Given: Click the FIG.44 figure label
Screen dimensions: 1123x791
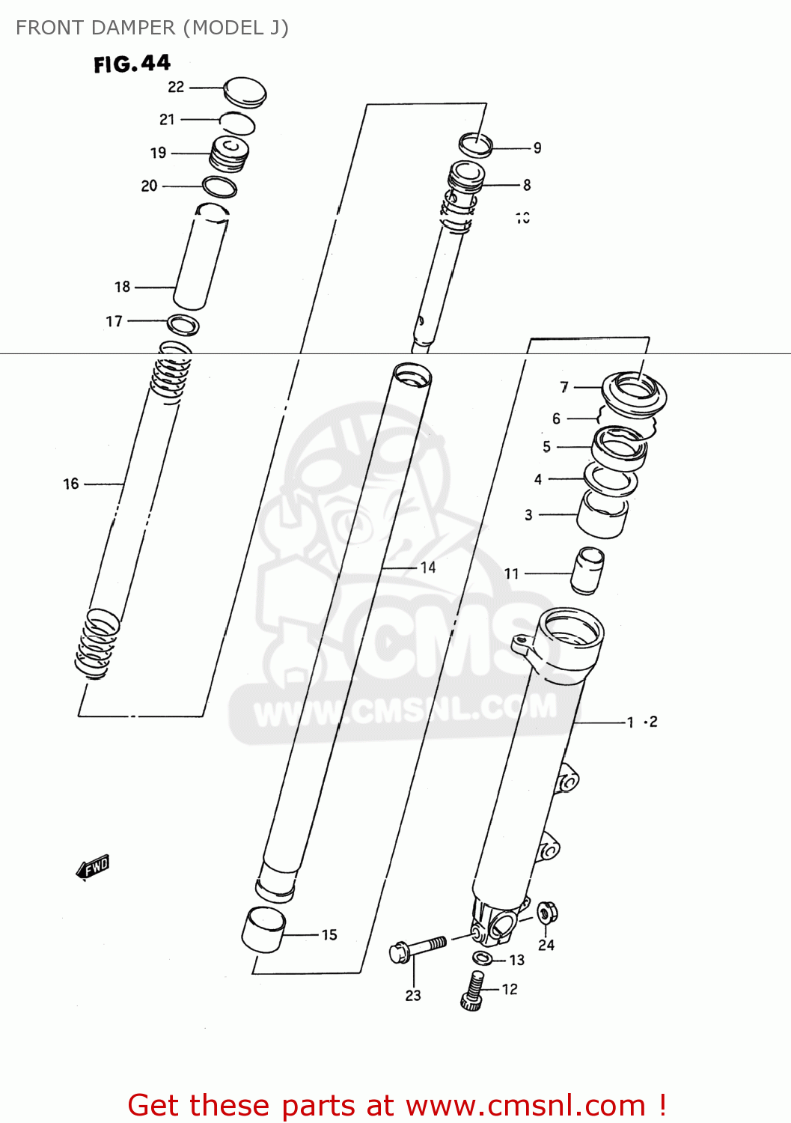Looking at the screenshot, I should click(x=132, y=64).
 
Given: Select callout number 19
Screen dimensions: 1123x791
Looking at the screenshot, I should click(x=158, y=153).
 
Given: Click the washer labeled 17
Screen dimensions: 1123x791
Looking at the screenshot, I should click(x=183, y=325).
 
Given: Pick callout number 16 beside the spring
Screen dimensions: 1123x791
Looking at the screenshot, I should click(x=71, y=484).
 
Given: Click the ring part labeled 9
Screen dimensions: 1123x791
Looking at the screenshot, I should click(x=475, y=144).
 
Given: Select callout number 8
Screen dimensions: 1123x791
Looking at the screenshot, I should click(x=527, y=184).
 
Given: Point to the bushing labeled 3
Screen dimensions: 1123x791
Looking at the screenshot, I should click(x=602, y=516).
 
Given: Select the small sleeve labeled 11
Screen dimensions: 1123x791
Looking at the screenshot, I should click(x=587, y=570).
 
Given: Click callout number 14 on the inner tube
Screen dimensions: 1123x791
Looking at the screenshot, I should click(x=428, y=567).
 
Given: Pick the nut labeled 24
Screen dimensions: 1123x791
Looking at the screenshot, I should click(x=547, y=913).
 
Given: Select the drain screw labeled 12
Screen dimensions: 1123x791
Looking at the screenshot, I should click(x=471, y=990).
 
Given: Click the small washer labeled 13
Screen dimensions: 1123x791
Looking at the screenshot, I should click(x=483, y=958).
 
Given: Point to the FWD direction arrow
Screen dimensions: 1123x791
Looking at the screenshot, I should click(x=94, y=868).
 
